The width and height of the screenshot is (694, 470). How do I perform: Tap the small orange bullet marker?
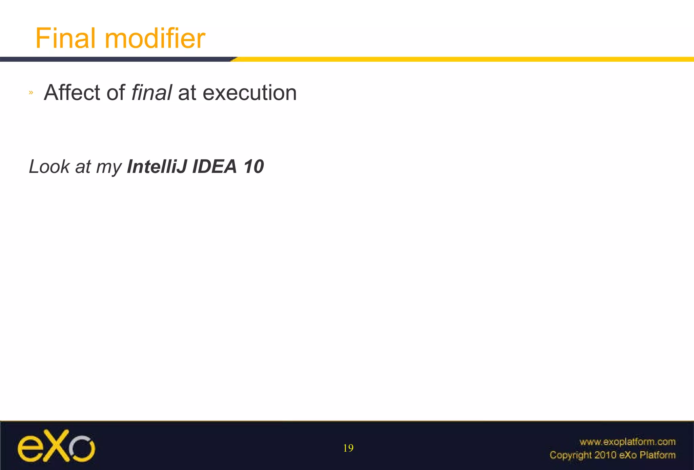[x=31, y=92]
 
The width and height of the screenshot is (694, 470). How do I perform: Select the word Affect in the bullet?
[x=72, y=93]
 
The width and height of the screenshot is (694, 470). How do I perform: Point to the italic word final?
[x=151, y=93]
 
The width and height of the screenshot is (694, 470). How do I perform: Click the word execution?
[x=249, y=93]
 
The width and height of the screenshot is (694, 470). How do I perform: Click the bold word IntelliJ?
[x=157, y=167]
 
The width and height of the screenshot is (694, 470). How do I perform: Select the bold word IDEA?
[x=215, y=167]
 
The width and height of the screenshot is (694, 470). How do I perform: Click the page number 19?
[x=348, y=448]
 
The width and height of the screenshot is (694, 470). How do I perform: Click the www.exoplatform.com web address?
[x=627, y=442]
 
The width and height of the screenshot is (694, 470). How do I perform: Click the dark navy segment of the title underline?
[x=115, y=59]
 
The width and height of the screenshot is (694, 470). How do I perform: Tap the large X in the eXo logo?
[x=56, y=446]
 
